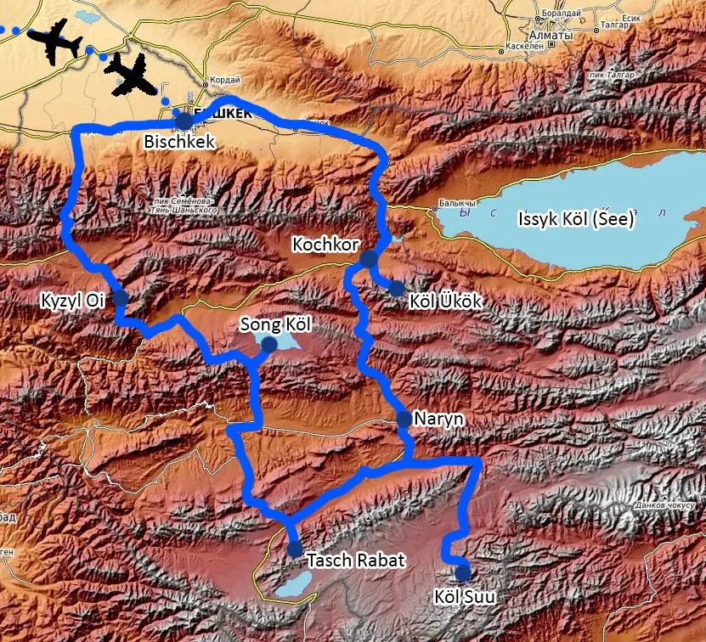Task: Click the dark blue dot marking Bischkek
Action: tap(183, 120)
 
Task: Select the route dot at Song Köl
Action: tap(269, 344)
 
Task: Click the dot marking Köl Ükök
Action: tap(397, 289)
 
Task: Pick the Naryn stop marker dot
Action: tap(404, 418)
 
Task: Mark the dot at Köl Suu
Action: tap(462, 572)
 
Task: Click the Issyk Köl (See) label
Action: tap(576, 220)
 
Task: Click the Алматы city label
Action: tap(550, 37)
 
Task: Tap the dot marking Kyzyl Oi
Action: tap(120, 297)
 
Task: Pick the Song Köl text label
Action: tap(277, 324)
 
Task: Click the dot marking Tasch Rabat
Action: tap(295, 548)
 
